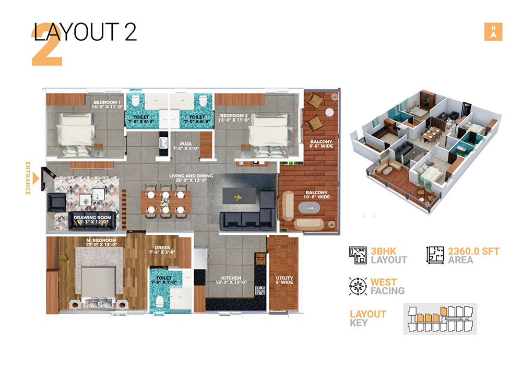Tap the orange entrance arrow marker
pyautogui.click(x=35, y=178)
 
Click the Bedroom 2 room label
pyautogui.click(x=233, y=117)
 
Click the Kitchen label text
pyautogui.click(x=230, y=280)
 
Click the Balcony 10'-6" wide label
pyautogui.click(x=316, y=195)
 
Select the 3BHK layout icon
pyautogui.click(x=358, y=255)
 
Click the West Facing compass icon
pyautogui.click(x=358, y=286)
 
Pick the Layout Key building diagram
pyautogui.click(x=440, y=318)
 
